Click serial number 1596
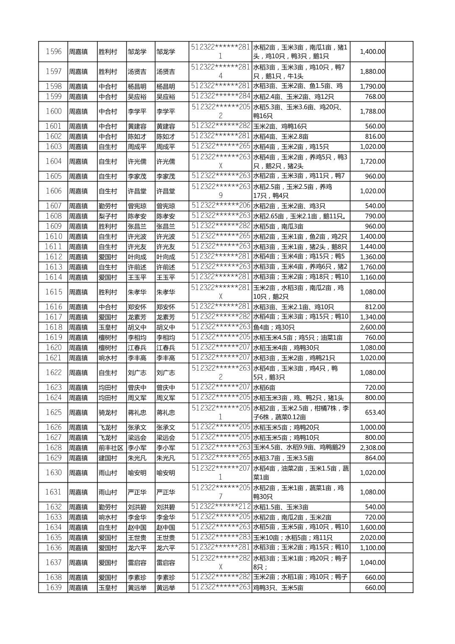(53, 52)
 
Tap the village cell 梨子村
(108, 216)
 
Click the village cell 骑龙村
(108, 412)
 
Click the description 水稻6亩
(264, 387)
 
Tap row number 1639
(53, 588)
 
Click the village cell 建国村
(108, 458)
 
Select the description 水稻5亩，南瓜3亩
(278, 226)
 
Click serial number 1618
(53, 327)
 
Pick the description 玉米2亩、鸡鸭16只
(280, 126)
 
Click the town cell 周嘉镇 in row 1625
(78, 412)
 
